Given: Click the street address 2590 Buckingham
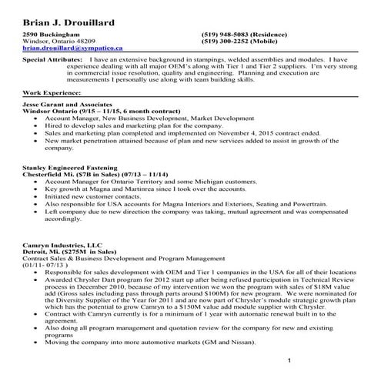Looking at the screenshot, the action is click(51, 35).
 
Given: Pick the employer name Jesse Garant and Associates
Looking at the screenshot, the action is click(68, 104).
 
